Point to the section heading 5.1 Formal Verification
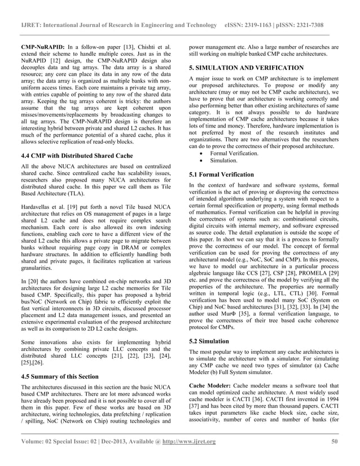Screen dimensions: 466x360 (x=222, y=174)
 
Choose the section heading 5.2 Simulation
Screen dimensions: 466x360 (x=209, y=341)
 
